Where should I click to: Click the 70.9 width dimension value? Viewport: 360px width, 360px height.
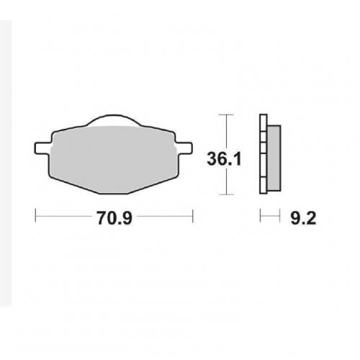[114, 215]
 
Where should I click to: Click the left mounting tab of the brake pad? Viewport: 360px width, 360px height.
[42, 148]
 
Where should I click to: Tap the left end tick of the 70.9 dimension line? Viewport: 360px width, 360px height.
[35, 215]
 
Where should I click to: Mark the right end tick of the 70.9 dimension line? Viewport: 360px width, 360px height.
[193, 215]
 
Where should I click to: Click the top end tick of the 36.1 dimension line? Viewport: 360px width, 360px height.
[227, 114]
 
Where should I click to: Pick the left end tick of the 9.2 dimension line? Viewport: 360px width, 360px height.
[261, 215]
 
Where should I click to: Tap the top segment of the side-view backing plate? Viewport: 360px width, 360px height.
[263, 122]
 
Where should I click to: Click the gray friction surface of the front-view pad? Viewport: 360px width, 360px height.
[113, 155]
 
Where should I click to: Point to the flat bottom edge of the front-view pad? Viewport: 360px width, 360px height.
[113, 194]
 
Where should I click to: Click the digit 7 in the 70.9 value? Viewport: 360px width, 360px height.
[99, 215]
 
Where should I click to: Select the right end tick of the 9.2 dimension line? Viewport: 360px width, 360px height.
[279, 215]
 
